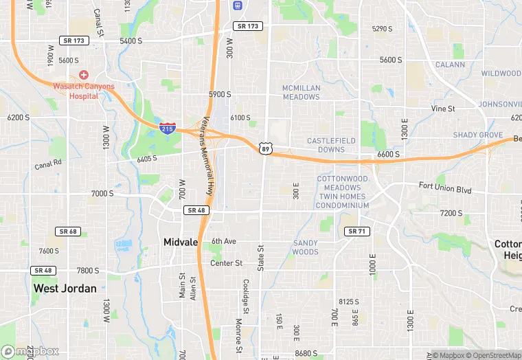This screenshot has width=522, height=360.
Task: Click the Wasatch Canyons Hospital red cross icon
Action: [x=84, y=74]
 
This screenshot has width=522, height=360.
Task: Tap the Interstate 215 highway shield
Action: [x=167, y=128]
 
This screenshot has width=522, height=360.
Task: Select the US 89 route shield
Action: [x=265, y=148]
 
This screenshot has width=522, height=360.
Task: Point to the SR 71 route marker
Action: [x=356, y=232]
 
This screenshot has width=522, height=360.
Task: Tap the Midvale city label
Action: [x=181, y=242]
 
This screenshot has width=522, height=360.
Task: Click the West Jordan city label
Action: [x=65, y=289]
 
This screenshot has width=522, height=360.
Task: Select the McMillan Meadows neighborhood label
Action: [x=301, y=92]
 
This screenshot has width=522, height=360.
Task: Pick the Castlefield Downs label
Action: [x=326, y=145]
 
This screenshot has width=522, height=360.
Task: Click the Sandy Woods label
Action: [x=306, y=247]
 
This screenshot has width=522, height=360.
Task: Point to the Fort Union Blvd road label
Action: [x=446, y=188]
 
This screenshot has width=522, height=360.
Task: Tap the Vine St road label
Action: [x=443, y=109]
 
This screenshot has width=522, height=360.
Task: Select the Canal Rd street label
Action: [x=49, y=164]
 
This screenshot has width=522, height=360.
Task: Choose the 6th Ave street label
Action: [x=223, y=241]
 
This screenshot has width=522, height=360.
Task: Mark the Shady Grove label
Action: [x=478, y=135]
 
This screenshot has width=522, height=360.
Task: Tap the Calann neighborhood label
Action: [x=450, y=65]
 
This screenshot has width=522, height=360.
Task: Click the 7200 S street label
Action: [x=451, y=214]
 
